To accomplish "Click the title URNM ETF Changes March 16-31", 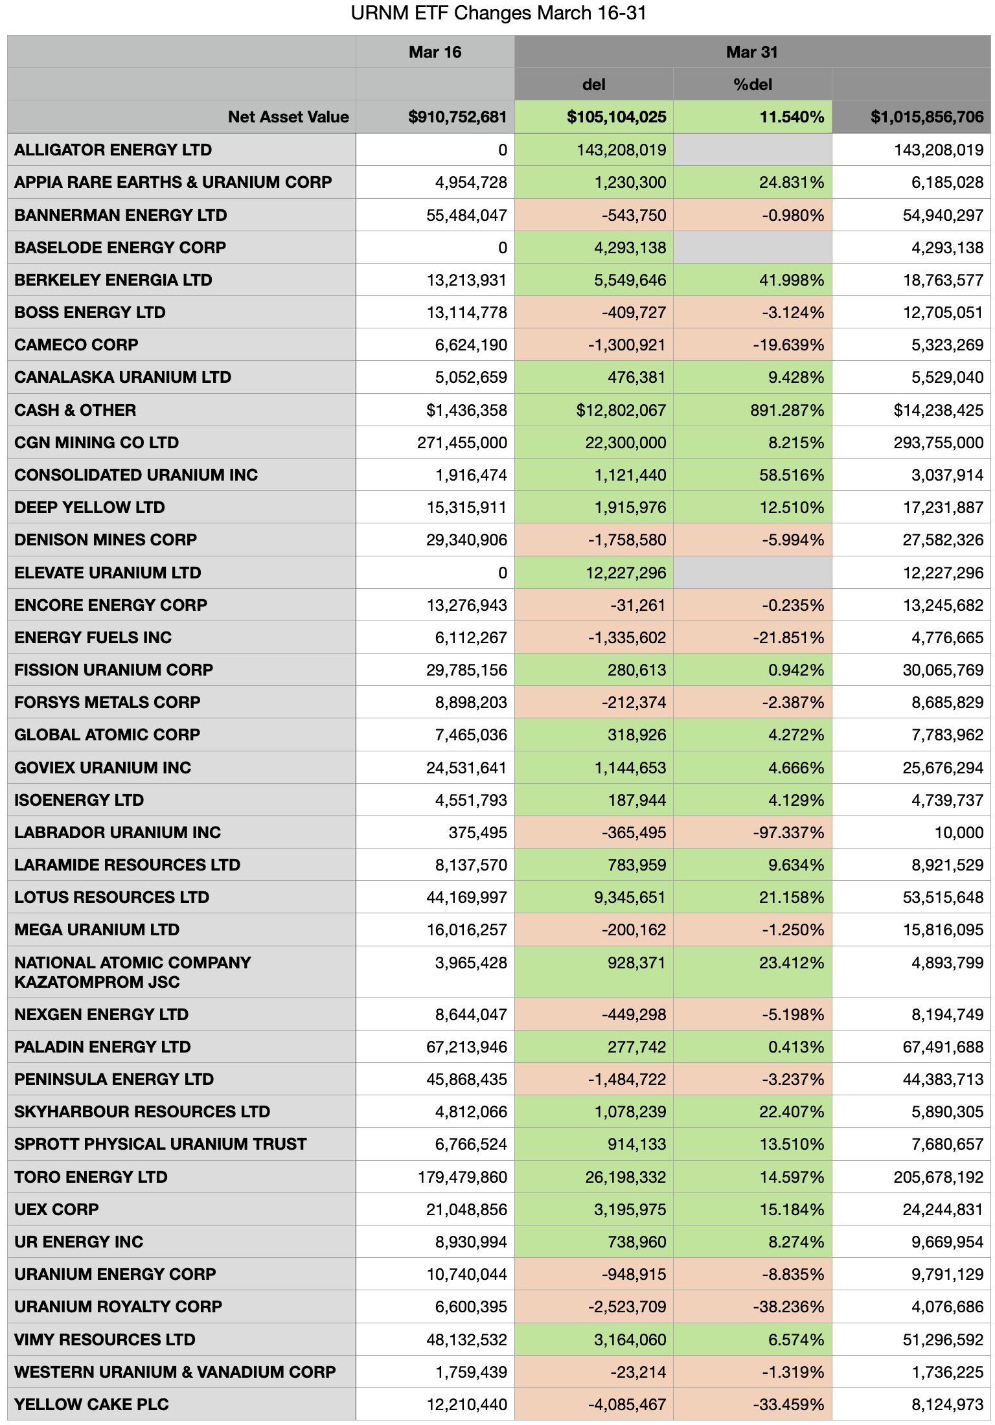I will tap(498, 14).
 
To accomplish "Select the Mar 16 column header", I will tap(435, 52).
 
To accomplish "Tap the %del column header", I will tap(753, 84).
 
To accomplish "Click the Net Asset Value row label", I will tap(288, 117).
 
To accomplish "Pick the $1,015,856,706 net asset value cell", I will tap(926, 117).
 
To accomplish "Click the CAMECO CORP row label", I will tap(76, 345).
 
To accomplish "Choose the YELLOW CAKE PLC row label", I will tap(91, 1404).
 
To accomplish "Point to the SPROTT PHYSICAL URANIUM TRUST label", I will tap(160, 1144).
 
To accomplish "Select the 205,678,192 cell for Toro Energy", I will tap(938, 1177).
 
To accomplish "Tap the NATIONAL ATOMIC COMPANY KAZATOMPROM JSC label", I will tap(132, 972).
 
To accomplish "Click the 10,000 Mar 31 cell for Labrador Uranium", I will tap(959, 832).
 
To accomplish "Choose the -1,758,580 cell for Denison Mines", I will tap(626, 540).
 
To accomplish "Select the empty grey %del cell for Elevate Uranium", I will tap(752, 573).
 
